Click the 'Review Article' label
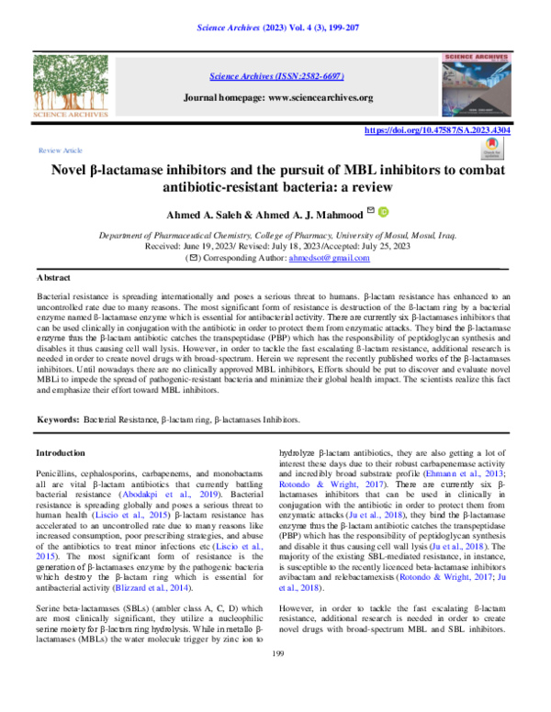pyautogui.click(x=60, y=150)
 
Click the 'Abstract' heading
pyautogui.click(x=53, y=276)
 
